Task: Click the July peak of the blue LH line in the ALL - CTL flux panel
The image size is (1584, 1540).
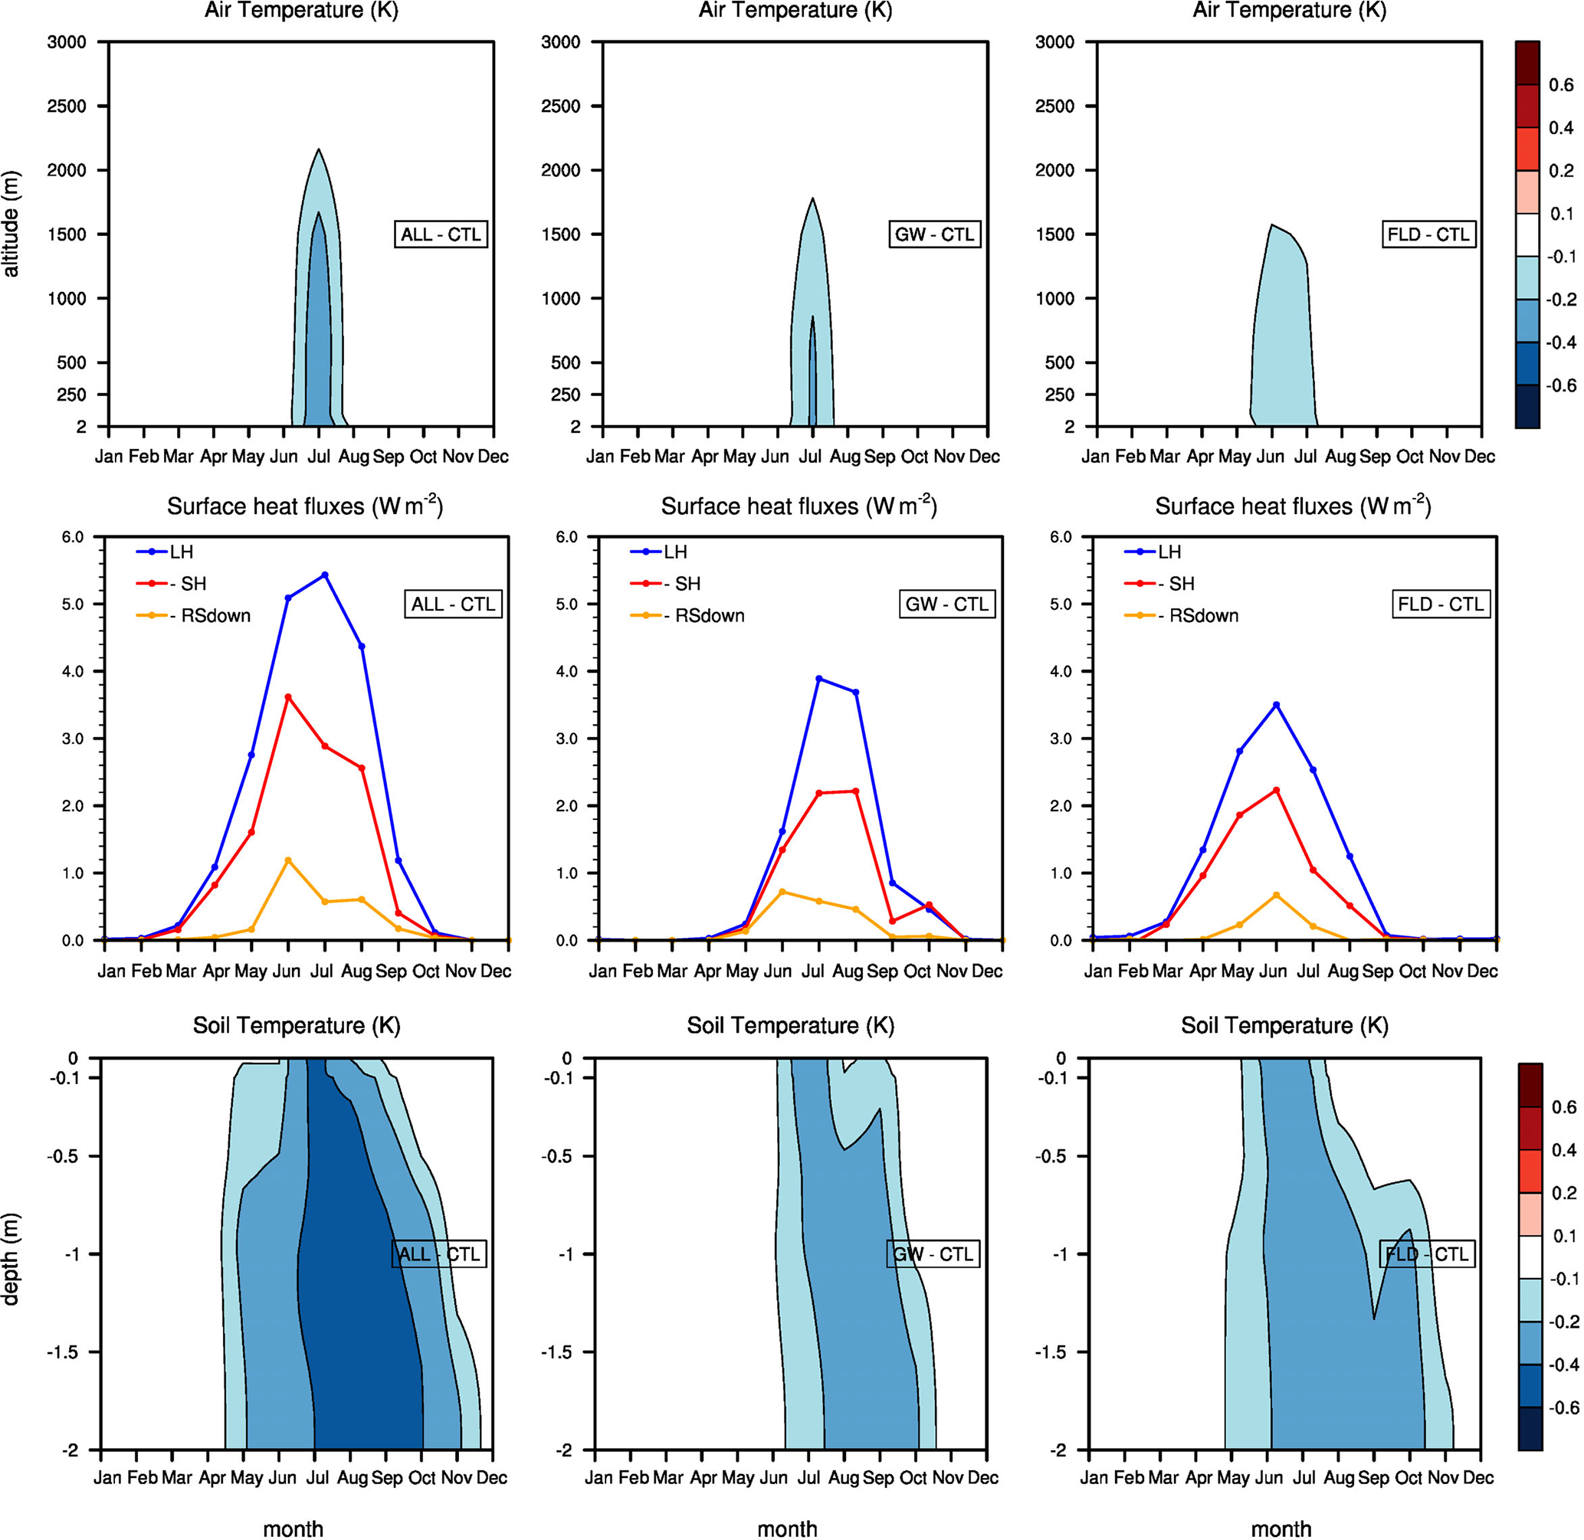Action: (x=324, y=575)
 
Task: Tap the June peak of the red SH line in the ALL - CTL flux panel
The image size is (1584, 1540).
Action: (x=288, y=697)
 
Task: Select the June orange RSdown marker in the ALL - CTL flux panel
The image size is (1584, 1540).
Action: (x=288, y=860)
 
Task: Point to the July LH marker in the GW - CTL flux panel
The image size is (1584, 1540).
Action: (x=818, y=679)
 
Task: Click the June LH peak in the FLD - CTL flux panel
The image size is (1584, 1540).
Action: (x=1277, y=706)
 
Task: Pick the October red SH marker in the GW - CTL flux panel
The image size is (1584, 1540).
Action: (x=929, y=905)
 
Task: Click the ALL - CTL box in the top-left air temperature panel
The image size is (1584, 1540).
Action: (x=441, y=234)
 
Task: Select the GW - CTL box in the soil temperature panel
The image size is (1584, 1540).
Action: (x=933, y=1253)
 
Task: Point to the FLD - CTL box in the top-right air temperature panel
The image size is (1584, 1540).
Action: (x=1428, y=234)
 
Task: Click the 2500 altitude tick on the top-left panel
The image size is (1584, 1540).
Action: (x=67, y=106)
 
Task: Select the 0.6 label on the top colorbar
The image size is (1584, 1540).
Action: (x=1560, y=85)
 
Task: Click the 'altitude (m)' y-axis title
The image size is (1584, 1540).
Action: (x=11, y=223)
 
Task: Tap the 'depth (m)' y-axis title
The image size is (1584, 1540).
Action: (x=11, y=1260)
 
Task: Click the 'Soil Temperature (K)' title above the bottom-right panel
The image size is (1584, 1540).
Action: (x=1284, y=1026)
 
